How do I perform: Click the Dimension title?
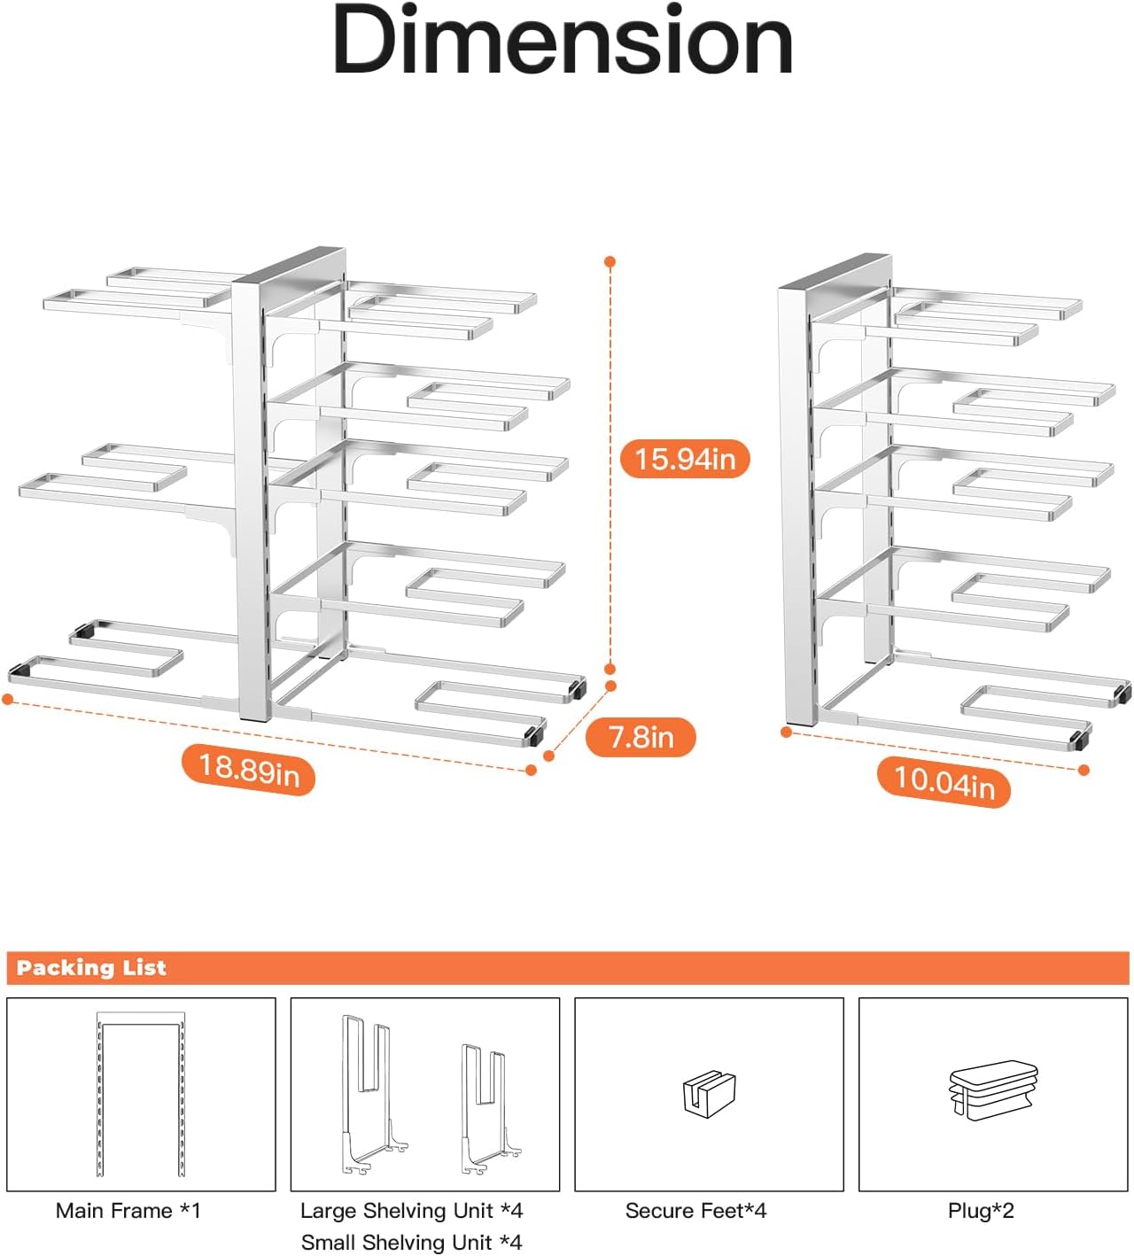[563, 43]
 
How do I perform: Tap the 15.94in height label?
[685, 459]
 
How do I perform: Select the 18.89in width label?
[249, 769]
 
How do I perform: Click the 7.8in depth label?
[641, 737]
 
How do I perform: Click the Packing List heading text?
[91, 967]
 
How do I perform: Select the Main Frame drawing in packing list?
[141, 1095]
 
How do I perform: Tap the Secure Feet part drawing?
[709, 1093]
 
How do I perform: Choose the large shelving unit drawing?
[373, 1095]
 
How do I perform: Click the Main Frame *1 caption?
[128, 1211]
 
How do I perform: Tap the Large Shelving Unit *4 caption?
[411, 1211]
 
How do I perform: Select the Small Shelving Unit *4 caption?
[411, 1243]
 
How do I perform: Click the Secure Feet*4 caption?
[695, 1211]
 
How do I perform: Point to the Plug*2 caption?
[981, 1211]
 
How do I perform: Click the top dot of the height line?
[610, 262]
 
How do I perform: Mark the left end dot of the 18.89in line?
[8, 700]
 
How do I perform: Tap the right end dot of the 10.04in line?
[1084, 771]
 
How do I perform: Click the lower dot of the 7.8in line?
[548, 756]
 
